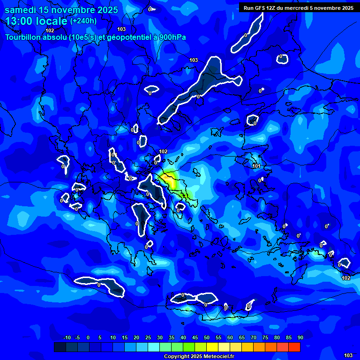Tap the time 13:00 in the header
point(19,21)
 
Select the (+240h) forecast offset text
point(83,21)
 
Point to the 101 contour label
point(256,166)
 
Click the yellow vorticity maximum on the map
point(168,178)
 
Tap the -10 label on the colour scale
point(67,337)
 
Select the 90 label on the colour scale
point(300,337)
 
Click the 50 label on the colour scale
point(207,337)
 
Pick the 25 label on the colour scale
point(148,337)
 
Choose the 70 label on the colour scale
point(254,337)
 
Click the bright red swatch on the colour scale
point(294,347)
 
